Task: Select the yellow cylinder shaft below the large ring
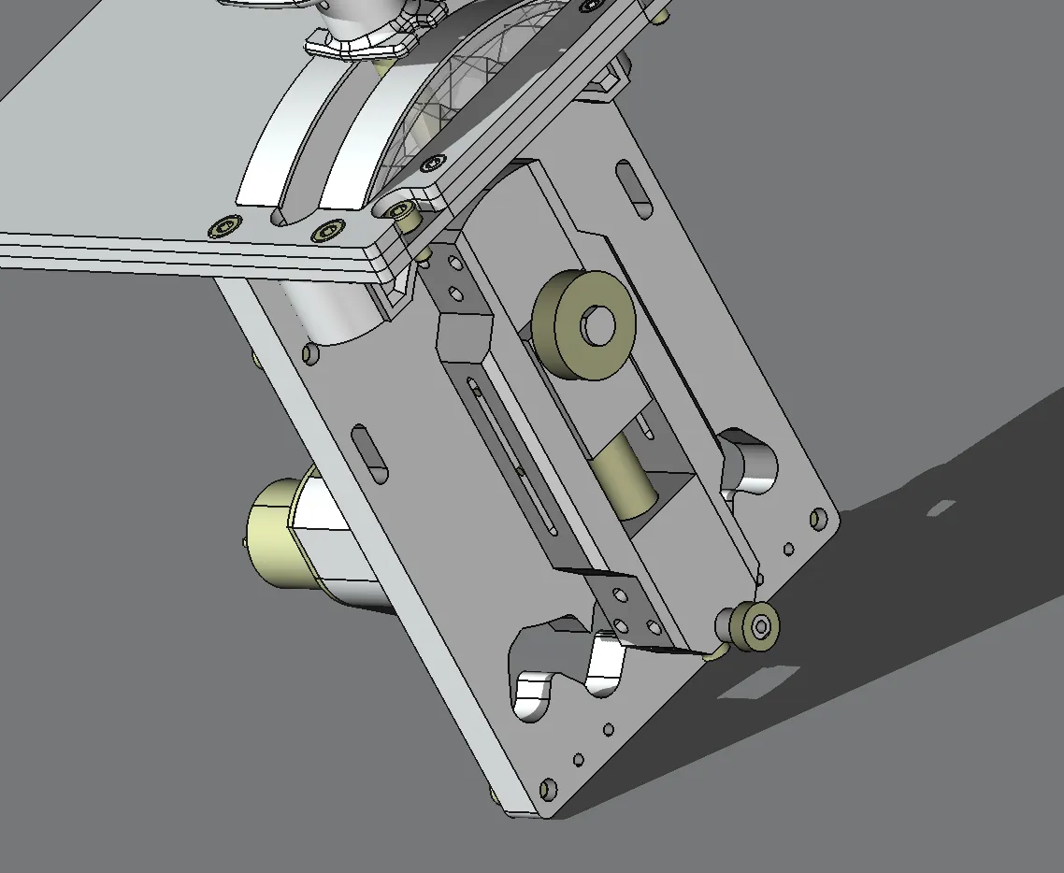625,477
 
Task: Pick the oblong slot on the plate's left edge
369,453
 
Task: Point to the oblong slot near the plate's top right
636,189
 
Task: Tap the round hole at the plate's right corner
819,517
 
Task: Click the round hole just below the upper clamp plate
310,353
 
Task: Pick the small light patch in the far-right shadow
941,508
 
